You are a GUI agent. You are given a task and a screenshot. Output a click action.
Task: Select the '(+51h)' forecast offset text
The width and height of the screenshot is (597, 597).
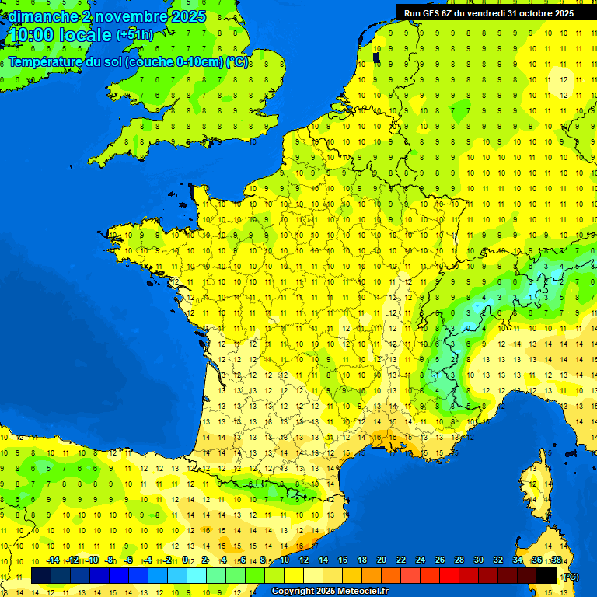[134, 35]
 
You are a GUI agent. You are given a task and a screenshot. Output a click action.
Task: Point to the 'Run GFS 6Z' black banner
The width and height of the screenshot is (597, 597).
[488, 12]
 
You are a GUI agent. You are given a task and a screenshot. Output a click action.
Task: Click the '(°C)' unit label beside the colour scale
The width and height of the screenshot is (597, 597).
[570, 577]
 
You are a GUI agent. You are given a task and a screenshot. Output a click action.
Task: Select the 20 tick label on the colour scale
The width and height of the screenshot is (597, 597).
[382, 560]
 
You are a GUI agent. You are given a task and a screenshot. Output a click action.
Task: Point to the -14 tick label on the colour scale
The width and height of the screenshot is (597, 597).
[53, 560]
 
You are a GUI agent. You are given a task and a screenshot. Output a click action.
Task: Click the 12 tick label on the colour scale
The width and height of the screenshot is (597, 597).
[304, 560]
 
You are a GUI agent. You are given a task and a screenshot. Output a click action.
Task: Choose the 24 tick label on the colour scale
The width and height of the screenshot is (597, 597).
[421, 560]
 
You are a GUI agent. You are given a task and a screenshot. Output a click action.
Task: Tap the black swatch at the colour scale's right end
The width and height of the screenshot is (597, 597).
[546, 576]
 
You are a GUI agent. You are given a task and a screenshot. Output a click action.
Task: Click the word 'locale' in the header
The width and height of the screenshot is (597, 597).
[85, 35]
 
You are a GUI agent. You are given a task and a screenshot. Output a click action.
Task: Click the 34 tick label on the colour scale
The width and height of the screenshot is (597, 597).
[517, 560]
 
